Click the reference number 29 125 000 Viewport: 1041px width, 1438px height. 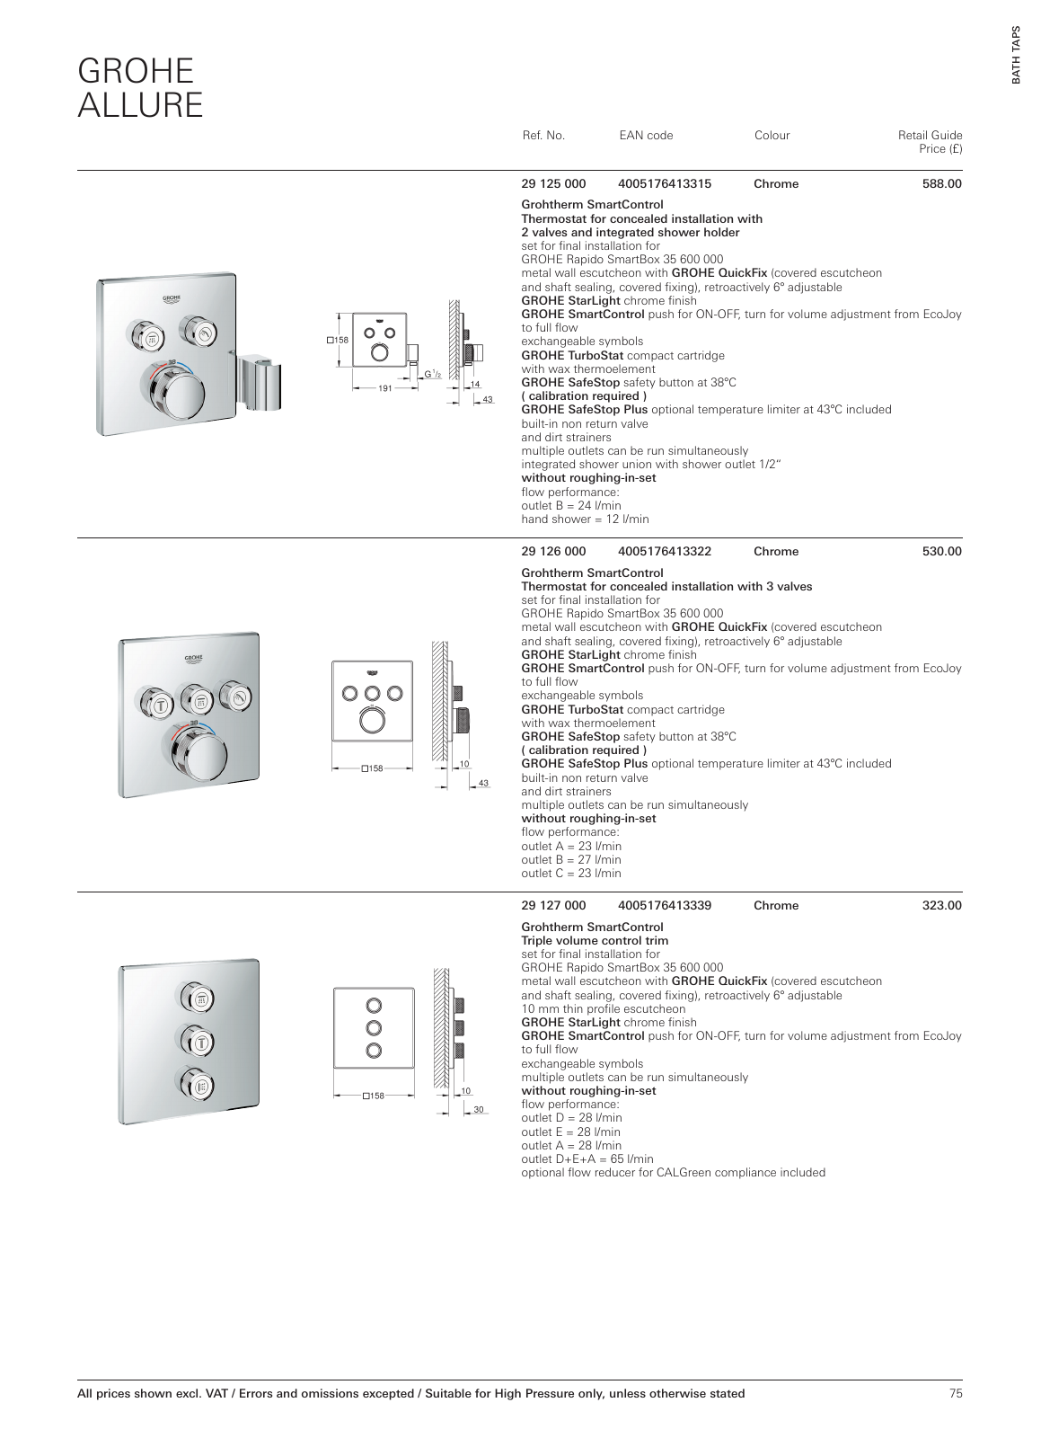click(x=553, y=184)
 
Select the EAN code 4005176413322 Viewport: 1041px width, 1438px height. click(x=665, y=552)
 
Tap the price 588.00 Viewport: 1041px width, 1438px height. click(x=941, y=184)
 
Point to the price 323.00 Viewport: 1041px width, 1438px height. click(x=941, y=906)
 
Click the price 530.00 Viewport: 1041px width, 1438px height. click(x=941, y=552)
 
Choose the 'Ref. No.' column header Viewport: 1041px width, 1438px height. click(x=543, y=136)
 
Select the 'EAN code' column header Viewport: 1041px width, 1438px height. click(x=646, y=136)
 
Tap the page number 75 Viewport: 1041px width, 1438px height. click(x=955, y=1394)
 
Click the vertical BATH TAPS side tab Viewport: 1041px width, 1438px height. click(x=1016, y=55)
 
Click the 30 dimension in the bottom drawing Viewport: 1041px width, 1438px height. click(x=478, y=1110)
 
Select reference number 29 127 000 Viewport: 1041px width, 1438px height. click(x=553, y=906)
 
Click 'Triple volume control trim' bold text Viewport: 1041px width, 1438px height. click(x=595, y=941)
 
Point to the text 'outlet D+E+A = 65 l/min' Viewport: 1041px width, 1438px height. click(x=587, y=1159)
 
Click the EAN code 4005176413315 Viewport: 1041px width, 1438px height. click(x=665, y=184)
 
